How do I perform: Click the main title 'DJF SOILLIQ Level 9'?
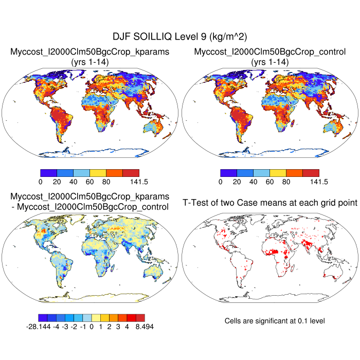pos(179,37)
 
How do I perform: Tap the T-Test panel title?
pos(270,203)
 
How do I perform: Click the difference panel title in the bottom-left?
pos(90,202)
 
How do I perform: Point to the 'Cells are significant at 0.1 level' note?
pos(275,320)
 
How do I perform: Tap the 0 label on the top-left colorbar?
pos(40,182)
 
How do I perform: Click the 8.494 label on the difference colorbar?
pos(143,327)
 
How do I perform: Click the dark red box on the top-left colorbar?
pos(131,173)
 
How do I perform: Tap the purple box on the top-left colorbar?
pos(48,173)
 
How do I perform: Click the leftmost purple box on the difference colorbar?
pos(43,318)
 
